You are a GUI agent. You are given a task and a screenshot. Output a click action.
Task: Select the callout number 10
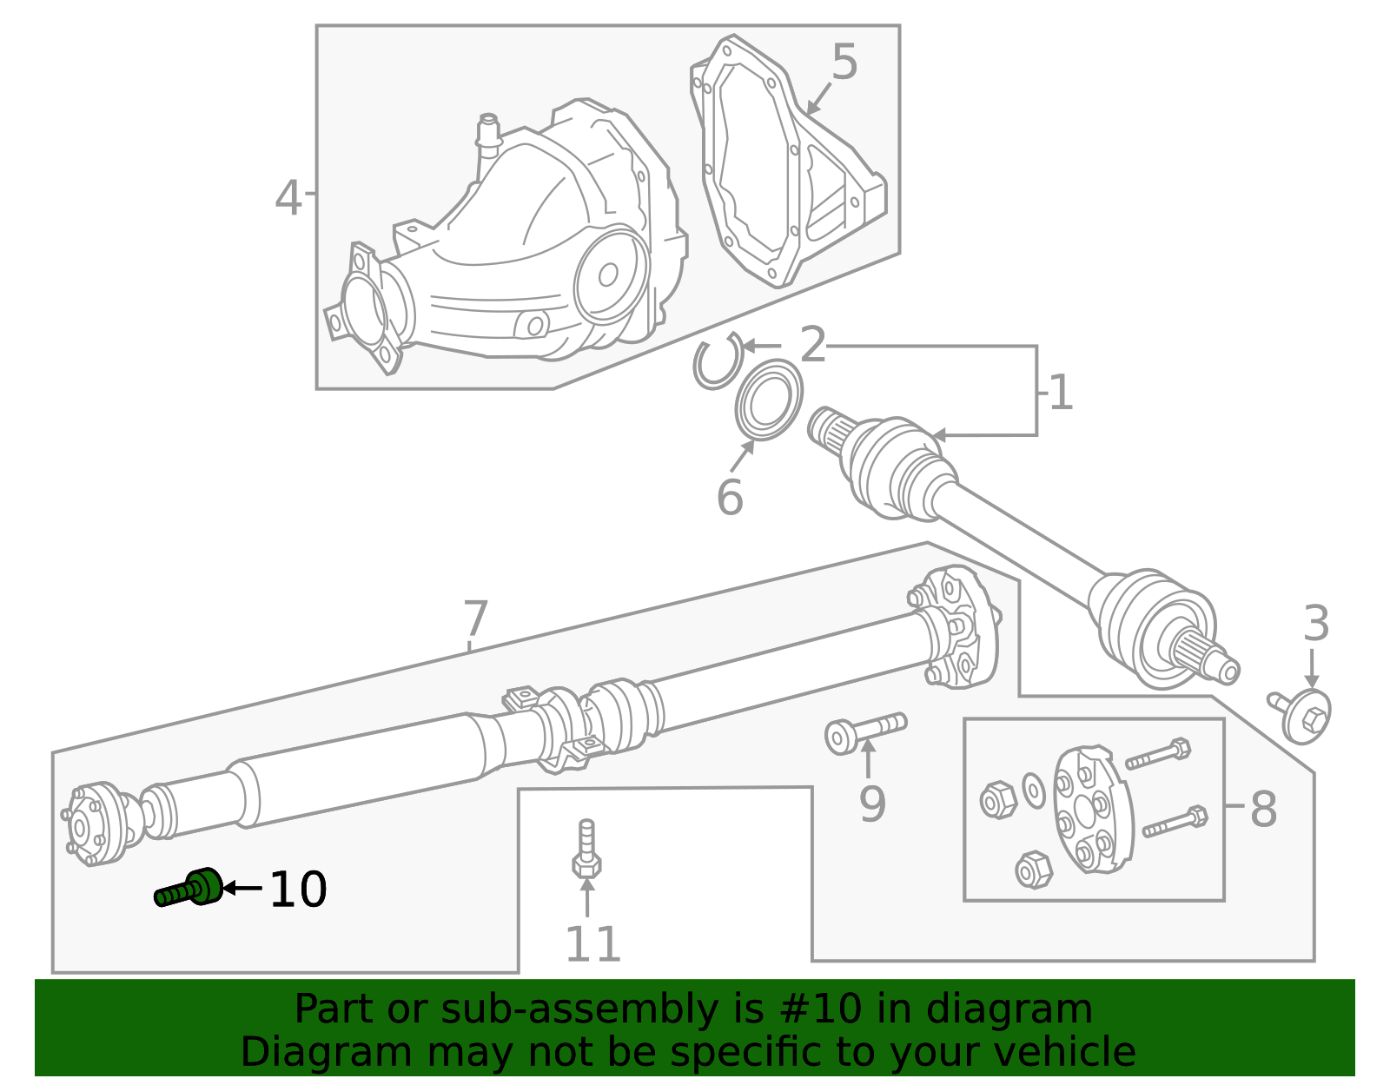[x=297, y=890]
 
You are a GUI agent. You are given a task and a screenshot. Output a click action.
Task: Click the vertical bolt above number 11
[x=587, y=849]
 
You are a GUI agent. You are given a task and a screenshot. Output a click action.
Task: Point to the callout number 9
[x=871, y=803]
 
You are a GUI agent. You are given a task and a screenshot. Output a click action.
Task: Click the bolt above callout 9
[x=864, y=732]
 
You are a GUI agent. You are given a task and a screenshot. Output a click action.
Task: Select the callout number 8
[x=1262, y=809]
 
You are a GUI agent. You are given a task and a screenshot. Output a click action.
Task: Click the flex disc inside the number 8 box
[x=1091, y=810]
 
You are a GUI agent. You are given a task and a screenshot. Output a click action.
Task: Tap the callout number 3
[x=1316, y=624]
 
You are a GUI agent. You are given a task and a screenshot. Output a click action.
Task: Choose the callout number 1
[x=1061, y=393]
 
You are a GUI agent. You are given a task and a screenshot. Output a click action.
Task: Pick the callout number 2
[x=812, y=345]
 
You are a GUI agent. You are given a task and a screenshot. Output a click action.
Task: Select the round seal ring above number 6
[x=768, y=401]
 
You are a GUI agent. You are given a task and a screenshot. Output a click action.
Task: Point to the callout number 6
[x=729, y=498]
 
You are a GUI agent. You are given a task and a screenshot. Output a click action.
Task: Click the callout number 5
[x=844, y=63]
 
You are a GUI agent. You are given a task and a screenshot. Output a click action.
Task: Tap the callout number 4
[x=288, y=198]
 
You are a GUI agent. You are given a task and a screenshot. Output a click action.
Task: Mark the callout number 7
[x=474, y=619]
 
